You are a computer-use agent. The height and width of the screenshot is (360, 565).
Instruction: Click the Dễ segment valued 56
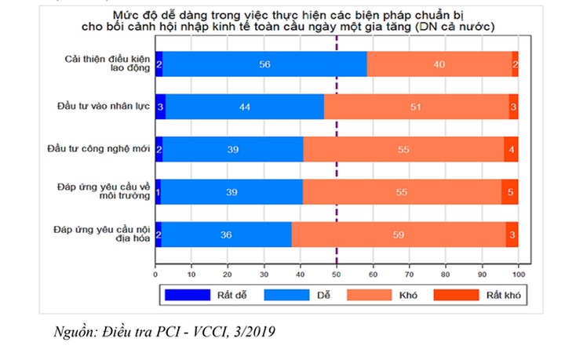264,64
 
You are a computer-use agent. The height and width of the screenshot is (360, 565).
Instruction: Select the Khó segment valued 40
439,64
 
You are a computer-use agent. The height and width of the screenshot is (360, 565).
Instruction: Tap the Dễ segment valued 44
245,106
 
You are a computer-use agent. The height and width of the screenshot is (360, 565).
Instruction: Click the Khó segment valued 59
399,234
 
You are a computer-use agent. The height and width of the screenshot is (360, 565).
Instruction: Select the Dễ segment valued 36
227,234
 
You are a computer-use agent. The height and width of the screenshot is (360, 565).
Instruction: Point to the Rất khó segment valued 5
510,191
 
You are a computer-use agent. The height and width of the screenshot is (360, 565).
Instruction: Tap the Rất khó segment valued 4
511,148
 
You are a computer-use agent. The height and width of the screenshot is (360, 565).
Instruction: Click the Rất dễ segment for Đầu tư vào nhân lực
160,106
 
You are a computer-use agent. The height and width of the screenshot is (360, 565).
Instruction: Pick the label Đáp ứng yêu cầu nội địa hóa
101,234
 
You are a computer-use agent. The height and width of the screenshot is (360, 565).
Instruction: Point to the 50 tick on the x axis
336,275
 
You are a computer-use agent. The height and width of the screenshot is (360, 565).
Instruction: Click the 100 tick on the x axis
517,275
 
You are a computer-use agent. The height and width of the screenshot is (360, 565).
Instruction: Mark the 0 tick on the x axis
155,275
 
